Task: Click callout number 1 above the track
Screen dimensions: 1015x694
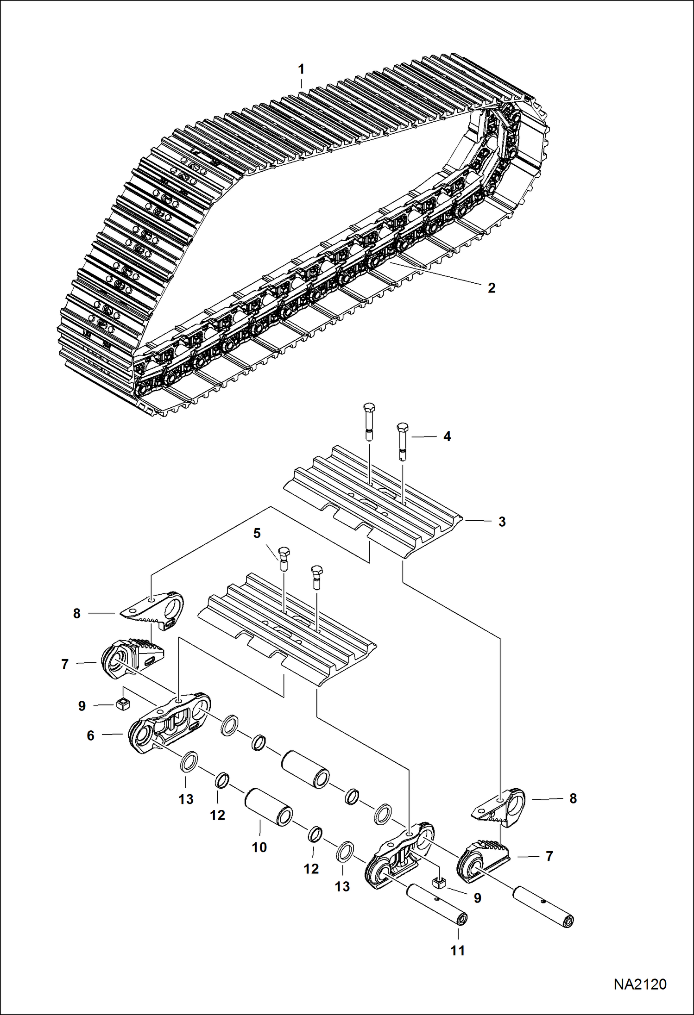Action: pos(301,69)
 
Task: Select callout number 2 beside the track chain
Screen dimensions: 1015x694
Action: pos(492,288)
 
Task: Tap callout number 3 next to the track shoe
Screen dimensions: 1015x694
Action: pos(502,522)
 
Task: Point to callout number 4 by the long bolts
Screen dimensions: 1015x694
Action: pos(447,436)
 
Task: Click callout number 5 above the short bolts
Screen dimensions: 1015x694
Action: pos(257,533)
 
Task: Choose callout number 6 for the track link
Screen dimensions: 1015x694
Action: pos(91,735)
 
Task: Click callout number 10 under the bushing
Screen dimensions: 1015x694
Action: pos(259,847)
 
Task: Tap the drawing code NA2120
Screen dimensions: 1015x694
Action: pos(640,984)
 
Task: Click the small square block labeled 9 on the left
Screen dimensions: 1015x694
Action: pos(123,705)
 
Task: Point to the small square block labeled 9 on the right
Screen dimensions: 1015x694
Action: pos(439,883)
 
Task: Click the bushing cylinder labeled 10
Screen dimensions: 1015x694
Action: pos(269,808)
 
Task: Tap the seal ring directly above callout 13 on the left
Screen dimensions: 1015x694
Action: pos(189,762)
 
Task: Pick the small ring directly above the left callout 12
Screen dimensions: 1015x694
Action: pos(221,780)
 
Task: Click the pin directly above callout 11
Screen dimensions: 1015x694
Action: pos(436,905)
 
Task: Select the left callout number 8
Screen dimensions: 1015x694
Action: pos(77,614)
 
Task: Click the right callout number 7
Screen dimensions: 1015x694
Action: pos(549,856)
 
